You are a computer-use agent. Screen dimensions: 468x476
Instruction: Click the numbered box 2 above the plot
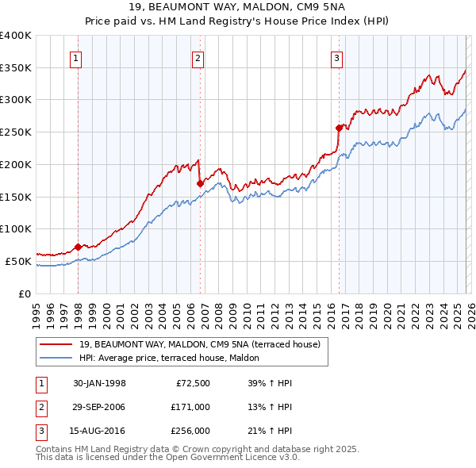click(x=198, y=57)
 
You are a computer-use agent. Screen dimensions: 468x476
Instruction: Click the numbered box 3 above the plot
click(x=336, y=57)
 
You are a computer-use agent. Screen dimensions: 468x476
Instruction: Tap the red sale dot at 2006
click(x=200, y=183)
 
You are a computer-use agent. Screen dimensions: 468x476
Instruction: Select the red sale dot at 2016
click(x=339, y=128)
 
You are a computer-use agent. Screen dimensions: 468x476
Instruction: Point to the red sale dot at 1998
click(x=78, y=247)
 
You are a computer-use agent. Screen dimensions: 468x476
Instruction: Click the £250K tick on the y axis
click(x=16, y=132)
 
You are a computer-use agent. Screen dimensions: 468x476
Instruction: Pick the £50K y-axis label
click(x=18, y=261)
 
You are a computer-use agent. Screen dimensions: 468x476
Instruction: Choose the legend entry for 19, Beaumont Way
click(x=198, y=344)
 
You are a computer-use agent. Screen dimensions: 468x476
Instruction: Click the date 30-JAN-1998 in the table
click(x=99, y=383)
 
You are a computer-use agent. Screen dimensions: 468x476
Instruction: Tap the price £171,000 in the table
click(x=191, y=407)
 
